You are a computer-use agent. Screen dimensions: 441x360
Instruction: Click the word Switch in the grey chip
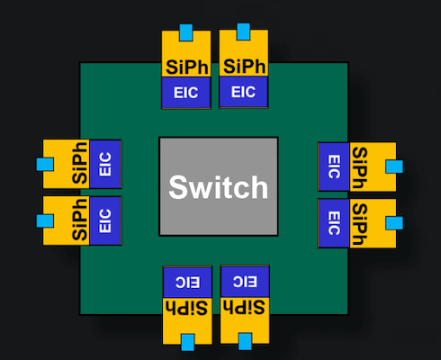[219, 187]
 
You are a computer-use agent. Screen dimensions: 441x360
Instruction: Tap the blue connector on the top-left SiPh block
[186, 32]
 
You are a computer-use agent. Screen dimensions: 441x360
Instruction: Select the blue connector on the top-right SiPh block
[243, 31]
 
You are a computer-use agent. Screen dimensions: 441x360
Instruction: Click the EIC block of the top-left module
[186, 93]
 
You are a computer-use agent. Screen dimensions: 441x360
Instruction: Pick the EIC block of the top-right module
[243, 92]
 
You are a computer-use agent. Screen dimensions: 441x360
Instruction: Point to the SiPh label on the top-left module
[187, 67]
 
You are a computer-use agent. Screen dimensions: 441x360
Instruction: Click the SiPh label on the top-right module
[244, 66]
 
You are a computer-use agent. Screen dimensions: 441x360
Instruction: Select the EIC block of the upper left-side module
[105, 164]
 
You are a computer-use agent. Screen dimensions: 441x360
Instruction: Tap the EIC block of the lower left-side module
[105, 220]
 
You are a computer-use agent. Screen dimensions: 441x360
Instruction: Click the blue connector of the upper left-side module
[45, 165]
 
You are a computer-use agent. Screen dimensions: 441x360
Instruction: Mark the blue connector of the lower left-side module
[45, 221]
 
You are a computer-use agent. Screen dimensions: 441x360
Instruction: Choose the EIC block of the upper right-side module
[334, 166]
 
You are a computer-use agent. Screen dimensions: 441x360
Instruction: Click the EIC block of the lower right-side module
[334, 223]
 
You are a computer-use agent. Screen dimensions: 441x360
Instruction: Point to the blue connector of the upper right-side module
[394, 166]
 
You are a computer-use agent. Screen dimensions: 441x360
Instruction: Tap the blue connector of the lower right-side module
[394, 223]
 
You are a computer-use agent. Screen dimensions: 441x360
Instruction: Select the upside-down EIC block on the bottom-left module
[187, 282]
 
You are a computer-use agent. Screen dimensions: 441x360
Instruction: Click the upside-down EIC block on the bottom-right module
[245, 282]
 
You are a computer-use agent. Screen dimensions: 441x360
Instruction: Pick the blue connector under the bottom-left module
[188, 342]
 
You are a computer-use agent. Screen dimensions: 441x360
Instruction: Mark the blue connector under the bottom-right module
[245, 341]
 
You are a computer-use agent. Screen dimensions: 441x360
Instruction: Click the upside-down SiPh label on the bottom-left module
[186, 308]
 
